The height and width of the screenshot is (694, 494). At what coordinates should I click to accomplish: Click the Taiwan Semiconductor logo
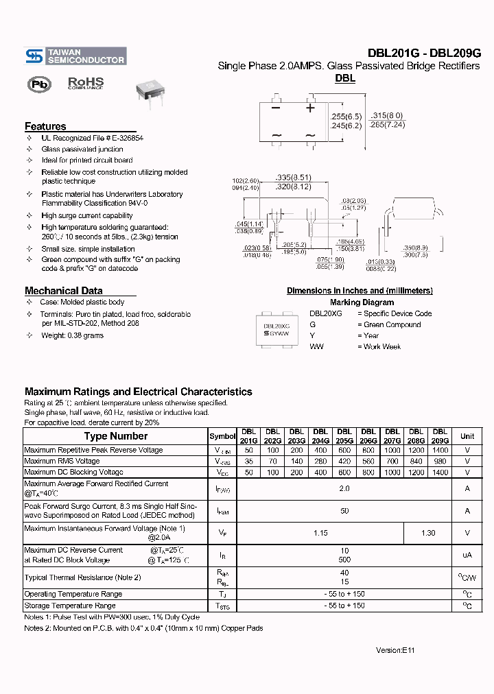(x=75, y=56)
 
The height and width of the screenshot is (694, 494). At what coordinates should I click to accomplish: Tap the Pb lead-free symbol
(x=39, y=84)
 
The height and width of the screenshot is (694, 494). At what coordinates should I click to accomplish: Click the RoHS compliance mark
(x=86, y=84)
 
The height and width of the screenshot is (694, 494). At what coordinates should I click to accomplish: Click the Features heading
(x=45, y=126)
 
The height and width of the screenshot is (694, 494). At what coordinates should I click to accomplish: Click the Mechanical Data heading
(x=63, y=290)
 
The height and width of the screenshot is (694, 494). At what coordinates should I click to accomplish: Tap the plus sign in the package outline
(x=310, y=108)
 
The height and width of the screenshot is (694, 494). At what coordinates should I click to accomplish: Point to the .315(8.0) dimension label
(x=386, y=115)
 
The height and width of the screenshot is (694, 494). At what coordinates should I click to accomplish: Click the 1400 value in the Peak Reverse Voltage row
(x=440, y=451)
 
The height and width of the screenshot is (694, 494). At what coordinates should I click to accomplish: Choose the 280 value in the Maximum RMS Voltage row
(x=320, y=462)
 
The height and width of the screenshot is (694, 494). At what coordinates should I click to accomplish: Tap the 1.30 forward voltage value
(x=427, y=533)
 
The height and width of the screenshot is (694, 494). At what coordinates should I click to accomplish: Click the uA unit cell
(x=467, y=555)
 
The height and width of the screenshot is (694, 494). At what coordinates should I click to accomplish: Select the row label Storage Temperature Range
(x=70, y=606)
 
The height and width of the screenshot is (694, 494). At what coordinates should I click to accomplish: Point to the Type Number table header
(x=115, y=436)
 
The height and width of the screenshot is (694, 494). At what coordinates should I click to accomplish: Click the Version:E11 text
(x=395, y=650)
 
